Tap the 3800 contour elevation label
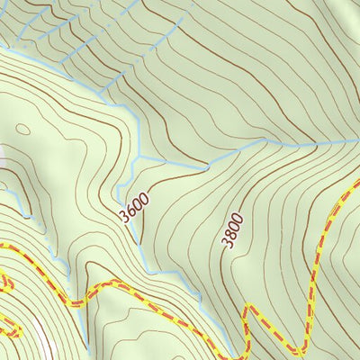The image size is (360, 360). pyautogui.click(x=232, y=230)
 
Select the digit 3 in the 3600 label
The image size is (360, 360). pyautogui.click(x=124, y=218)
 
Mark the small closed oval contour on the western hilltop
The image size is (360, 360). pyautogui.click(x=22, y=130)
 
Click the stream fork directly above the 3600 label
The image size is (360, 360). pyautogui.click(x=137, y=160)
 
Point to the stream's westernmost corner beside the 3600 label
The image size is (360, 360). pyautogui.click(x=117, y=191)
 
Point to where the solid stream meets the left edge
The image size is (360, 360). pyautogui.click(x=2, y=51)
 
